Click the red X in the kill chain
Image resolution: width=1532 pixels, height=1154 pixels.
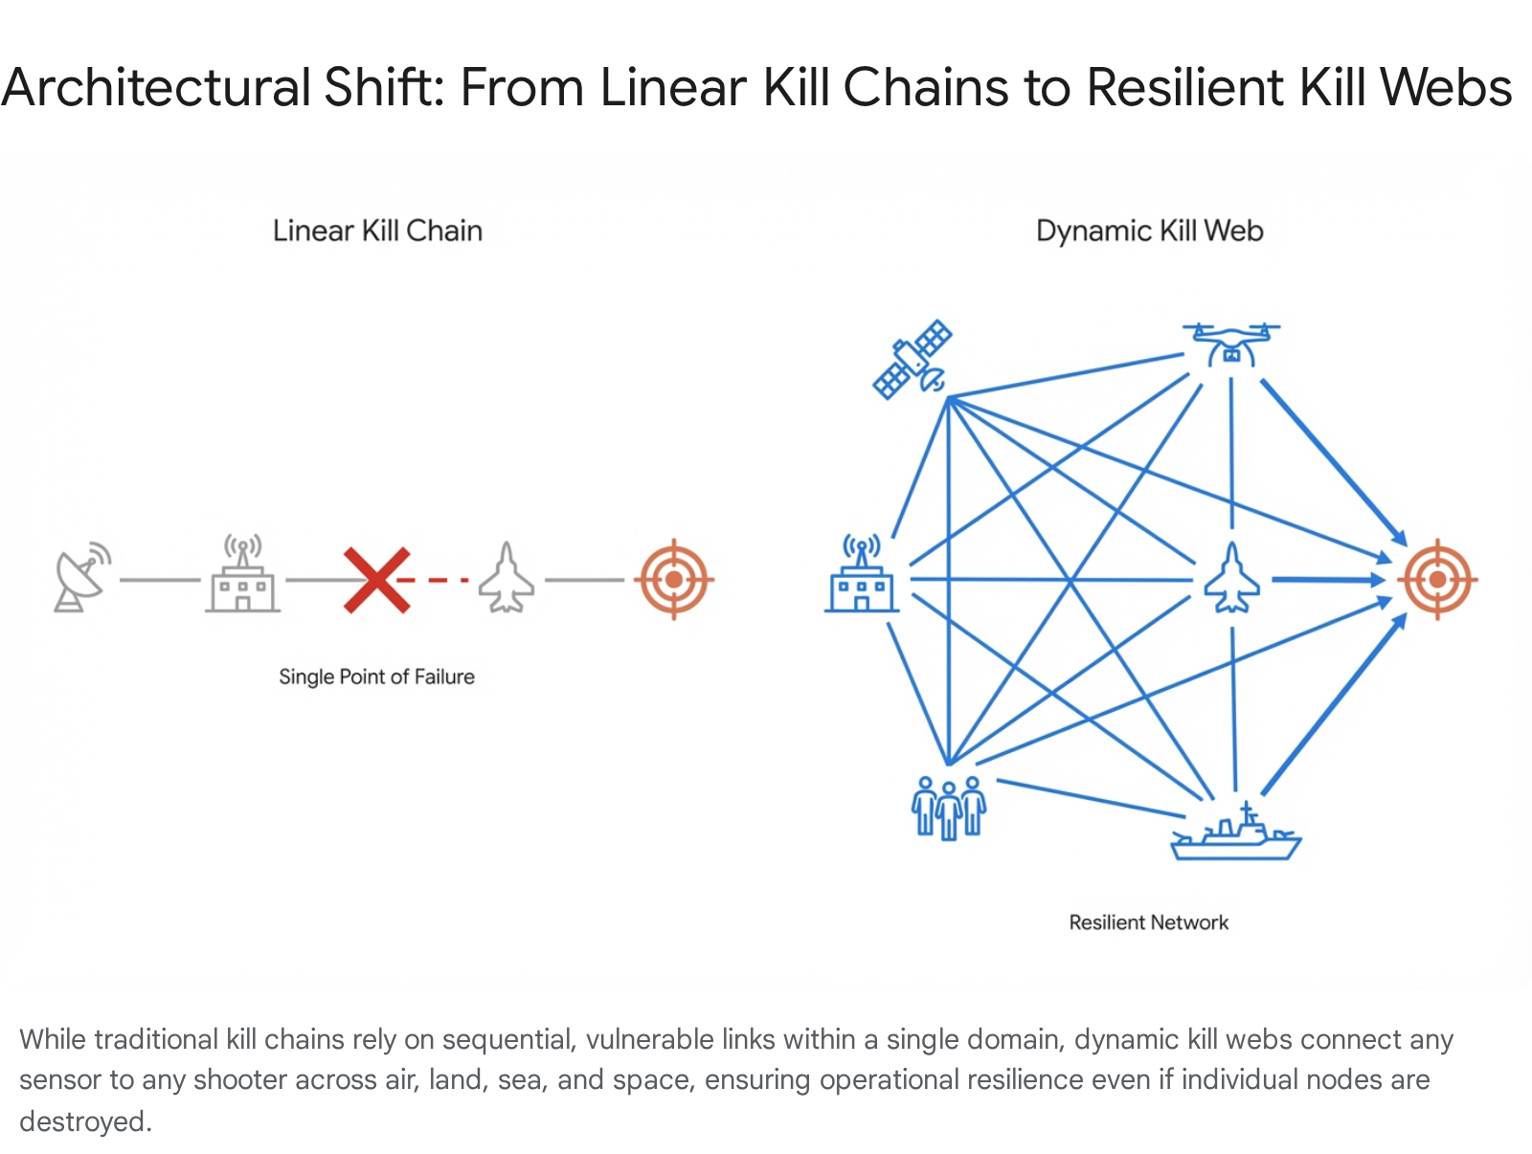[377, 580]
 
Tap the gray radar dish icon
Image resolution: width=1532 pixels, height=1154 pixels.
[82, 577]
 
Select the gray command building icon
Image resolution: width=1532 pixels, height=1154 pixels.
[243, 577]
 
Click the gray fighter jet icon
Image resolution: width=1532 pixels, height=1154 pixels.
[507, 579]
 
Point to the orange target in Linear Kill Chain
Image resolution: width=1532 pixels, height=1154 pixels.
[674, 580]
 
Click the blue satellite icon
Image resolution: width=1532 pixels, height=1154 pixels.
[912, 360]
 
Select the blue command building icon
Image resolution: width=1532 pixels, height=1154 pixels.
[861, 577]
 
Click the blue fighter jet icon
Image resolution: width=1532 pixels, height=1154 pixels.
[1232, 579]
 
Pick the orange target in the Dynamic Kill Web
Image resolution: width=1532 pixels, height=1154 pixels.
[1437, 580]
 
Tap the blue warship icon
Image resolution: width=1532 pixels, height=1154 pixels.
[1235, 834]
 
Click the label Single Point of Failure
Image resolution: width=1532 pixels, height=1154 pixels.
[376, 677]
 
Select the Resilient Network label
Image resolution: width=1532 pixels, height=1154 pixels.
[1148, 923]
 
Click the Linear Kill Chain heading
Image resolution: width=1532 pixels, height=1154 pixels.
[377, 232]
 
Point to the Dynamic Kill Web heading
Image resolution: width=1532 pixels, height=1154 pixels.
[1149, 232]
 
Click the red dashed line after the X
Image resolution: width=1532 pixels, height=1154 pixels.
[439, 580]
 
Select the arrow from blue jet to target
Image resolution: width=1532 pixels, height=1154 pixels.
[1326, 580]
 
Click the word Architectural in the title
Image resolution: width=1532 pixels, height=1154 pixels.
[156, 88]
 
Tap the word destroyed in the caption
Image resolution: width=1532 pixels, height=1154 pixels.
[84, 1121]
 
